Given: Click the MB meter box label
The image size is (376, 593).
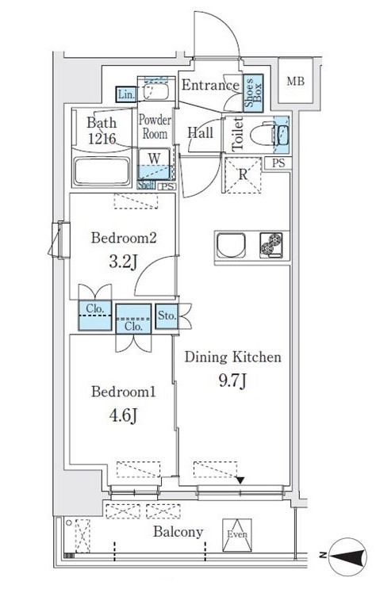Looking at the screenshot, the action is coord(295,81).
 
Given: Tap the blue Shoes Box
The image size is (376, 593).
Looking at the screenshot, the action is coord(253,93).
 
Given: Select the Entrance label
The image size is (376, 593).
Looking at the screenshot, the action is coord(210,85).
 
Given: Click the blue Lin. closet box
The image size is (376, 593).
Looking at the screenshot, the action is coord(126,94).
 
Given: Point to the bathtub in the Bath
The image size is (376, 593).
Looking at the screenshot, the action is coord(102,171).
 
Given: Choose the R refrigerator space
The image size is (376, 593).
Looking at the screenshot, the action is coord(243,174).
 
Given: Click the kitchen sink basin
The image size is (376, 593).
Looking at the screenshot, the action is coord(231,246).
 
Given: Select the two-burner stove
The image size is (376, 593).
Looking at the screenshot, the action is coord(271,245).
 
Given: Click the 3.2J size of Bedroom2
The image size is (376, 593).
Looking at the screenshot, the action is coord(123,262).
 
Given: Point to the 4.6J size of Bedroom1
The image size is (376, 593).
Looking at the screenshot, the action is coord(123,415).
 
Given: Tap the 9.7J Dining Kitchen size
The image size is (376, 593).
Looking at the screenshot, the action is coord(232,381).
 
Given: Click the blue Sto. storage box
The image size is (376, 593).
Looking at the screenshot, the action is coord(167,316).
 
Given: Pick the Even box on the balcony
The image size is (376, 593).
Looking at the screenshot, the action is coord(237,535).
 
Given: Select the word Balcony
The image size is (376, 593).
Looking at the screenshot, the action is coord(178,533).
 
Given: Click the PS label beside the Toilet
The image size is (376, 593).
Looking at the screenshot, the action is coord(278,163).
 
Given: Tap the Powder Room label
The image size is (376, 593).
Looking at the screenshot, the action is coord(155,127).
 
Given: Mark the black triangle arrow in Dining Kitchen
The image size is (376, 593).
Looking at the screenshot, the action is coord(240,480).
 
